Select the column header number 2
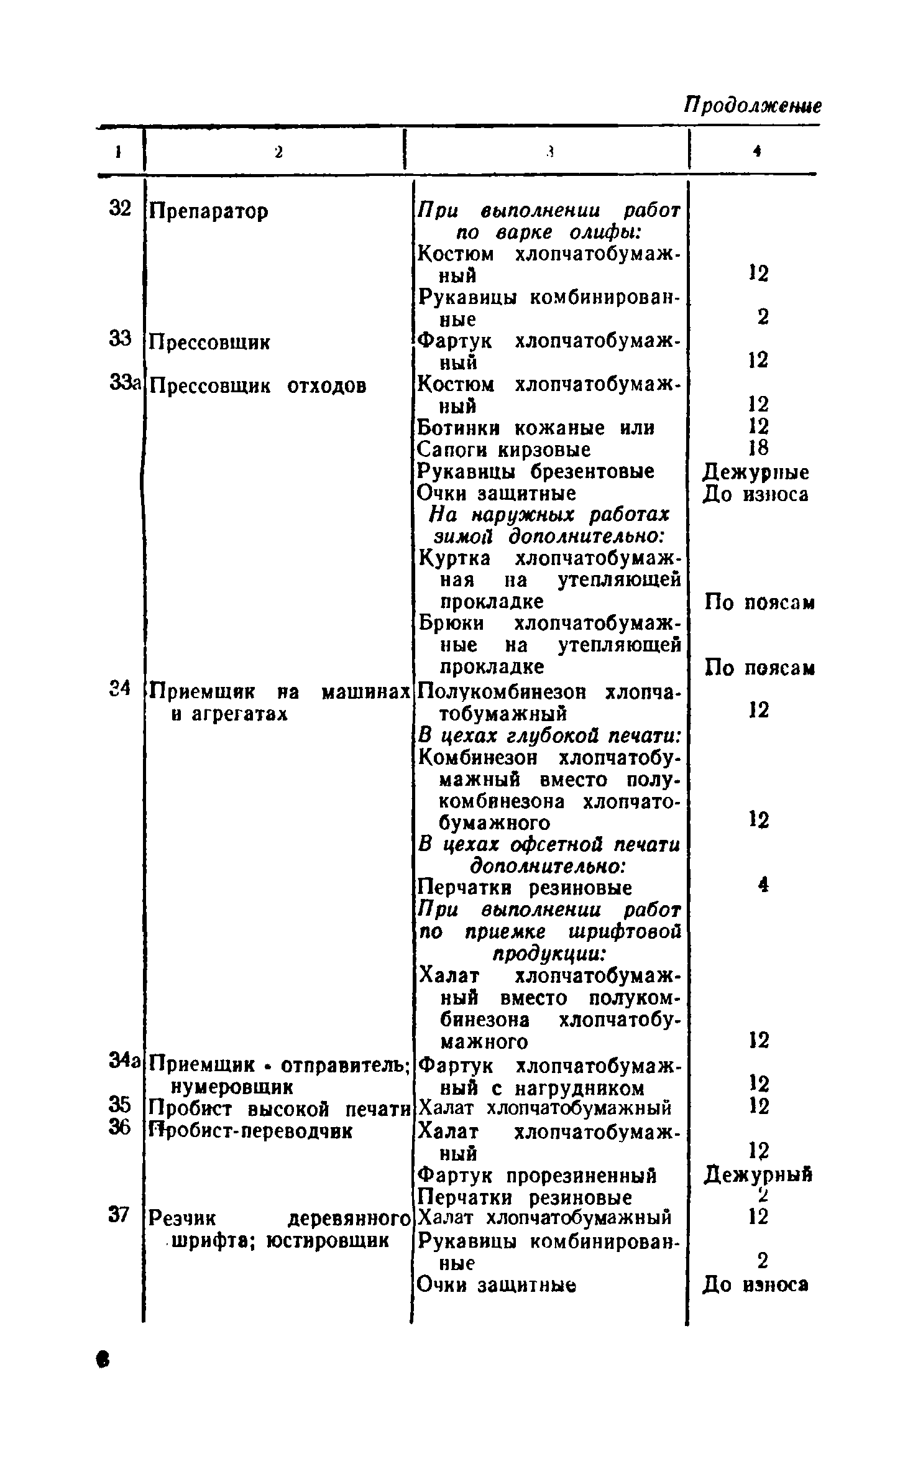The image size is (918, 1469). [x=278, y=151]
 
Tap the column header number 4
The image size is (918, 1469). [x=756, y=151]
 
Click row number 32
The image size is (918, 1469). [x=120, y=208]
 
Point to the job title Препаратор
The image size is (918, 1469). [x=209, y=212]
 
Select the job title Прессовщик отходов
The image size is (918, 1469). [x=258, y=386]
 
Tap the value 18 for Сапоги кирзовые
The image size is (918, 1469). [x=758, y=448]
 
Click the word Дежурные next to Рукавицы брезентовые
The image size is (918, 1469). [x=756, y=472]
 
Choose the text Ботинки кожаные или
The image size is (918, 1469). [x=535, y=428]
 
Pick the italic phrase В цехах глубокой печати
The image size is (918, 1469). [x=549, y=736]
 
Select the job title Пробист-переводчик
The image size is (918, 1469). [x=250, y=1131]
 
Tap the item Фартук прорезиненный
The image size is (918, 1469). [x=537, y=1176]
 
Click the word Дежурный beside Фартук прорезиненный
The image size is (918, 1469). [x=758, y=1174]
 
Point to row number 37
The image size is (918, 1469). [x=119, y=1213]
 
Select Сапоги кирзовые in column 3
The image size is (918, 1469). [x=504, y=449]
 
